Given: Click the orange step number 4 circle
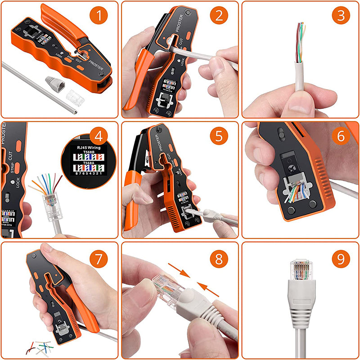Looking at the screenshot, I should click(99, 135).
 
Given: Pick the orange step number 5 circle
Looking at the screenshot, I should click(219, 135).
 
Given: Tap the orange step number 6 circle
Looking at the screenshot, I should click(341, 135).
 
